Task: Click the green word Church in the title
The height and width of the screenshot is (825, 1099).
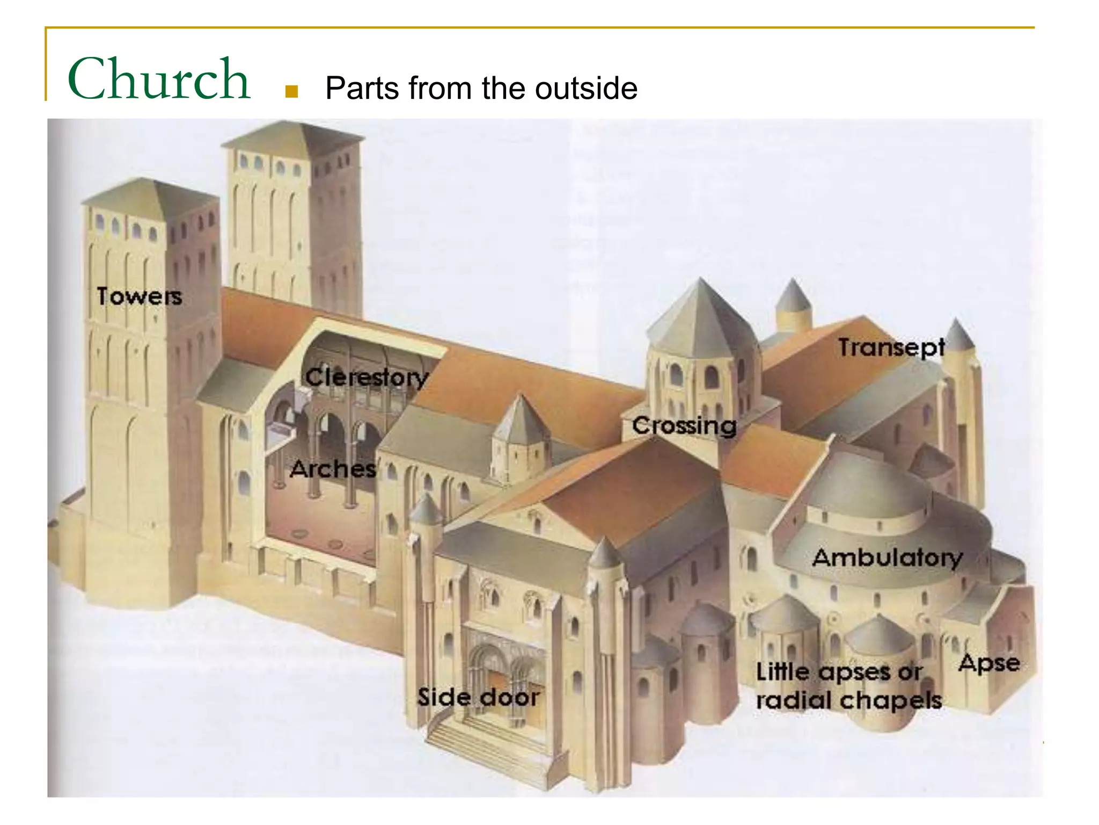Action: point(159,79)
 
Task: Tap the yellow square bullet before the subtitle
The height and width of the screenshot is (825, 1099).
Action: point(291,91)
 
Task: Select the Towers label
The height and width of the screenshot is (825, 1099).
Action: point(140,296)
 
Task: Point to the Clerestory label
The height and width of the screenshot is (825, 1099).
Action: point(367,377)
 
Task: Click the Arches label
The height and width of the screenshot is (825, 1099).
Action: point(333,469)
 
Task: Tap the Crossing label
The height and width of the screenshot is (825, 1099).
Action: point(684,426)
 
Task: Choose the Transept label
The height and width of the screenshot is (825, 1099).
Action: point(891,348)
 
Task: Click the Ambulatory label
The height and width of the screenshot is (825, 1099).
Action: point(887,558)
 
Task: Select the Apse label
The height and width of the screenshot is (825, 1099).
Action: point(989,663)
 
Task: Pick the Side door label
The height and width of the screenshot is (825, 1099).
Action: point(478,698)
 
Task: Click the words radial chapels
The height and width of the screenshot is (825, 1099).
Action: point(849,700)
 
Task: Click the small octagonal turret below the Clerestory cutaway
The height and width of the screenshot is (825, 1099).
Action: point(519,440)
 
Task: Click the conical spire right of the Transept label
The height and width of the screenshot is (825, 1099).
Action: point(958,336)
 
